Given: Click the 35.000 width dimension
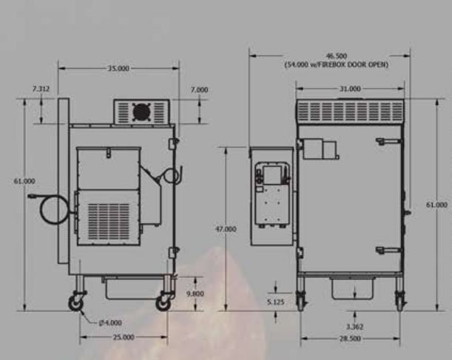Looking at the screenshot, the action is point(118,69).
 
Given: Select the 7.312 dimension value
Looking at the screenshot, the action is point(41,89).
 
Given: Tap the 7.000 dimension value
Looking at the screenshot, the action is point(199,90).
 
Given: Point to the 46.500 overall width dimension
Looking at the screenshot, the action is point(337,56).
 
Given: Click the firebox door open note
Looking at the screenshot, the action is point(337,64).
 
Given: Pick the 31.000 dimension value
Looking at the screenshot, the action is point(350,89).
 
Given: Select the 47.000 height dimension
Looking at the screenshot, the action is point(226,229).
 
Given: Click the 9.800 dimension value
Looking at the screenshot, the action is point(195,293).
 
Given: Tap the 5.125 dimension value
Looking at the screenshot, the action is point(276,302).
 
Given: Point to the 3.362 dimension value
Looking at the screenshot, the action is point(354,327).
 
